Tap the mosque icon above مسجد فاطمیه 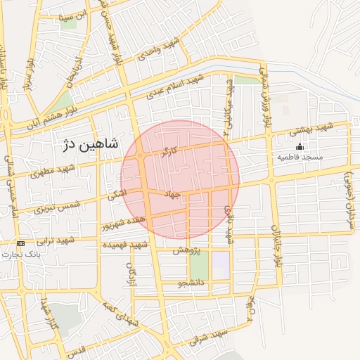pyautogui.click(x=300, y=147)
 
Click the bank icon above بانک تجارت pyautogui.click(x=20, y=243)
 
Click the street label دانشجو pyautogui.click(x=191, y=284)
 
